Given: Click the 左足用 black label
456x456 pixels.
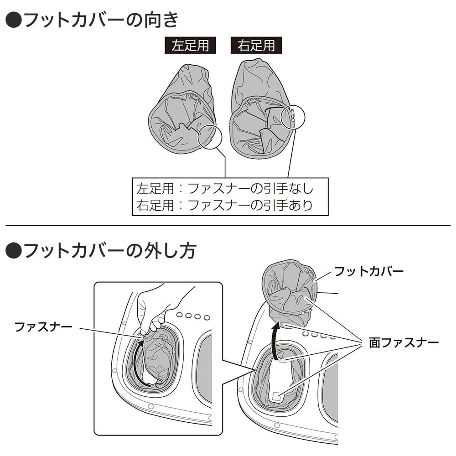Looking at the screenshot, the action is [190, 45].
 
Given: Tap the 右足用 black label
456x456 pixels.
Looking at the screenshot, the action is [256, 45].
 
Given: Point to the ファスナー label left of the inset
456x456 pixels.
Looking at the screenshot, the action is [43, 327].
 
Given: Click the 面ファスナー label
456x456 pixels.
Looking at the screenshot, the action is [404, 343].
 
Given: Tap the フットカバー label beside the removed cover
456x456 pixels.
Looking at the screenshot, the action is [369, 271].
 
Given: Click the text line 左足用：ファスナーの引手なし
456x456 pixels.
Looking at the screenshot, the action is [225, 188].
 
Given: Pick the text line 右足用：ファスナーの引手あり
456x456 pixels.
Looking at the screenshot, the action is [225, 205].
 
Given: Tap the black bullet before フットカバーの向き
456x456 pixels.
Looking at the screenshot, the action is [13, 21].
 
